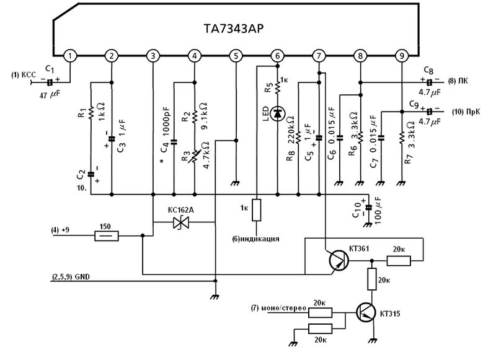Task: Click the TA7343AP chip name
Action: tap(234, 29)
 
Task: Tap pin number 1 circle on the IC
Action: tap(70, 56)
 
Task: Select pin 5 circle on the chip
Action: tap(236, 56)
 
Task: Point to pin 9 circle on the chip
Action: tap(402, 56)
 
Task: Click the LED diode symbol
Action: tap(277, 113)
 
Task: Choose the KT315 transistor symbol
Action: tap(366, 312)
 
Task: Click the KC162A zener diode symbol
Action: tap(181, 222)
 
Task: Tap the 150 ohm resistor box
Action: tap(107, 235)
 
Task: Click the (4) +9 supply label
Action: tap(60, 230)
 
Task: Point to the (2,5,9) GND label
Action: tap(71, 277)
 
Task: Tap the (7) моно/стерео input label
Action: tap(278, 308)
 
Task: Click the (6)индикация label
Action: tap(255, 239)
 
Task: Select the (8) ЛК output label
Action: tap(458, 81)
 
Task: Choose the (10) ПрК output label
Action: tap(466, 112)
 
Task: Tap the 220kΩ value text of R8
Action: tap(291, 129)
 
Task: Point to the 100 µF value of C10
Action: tap(378, 211)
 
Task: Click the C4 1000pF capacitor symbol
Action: tap(174, 142)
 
